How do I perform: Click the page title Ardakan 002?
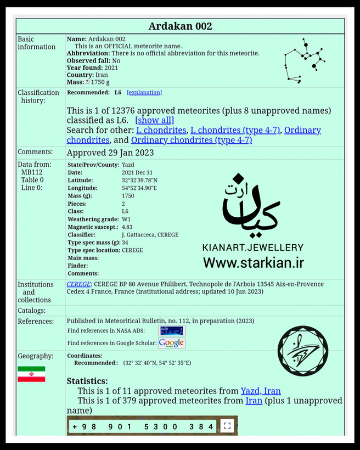point(180,26)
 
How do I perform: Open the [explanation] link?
point(144,93)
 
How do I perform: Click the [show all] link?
point(154,120)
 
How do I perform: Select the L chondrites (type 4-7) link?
point(235,130)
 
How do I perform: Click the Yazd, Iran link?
point(261,391)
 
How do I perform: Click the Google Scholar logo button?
point(172,343)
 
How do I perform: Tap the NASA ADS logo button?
point(172,330)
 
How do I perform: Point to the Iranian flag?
point(31,374)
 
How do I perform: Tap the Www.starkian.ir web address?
point(253,263)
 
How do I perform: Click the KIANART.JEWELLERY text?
point(252,248)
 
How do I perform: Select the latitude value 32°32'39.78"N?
point(139,180)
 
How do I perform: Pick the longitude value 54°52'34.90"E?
point(139,188)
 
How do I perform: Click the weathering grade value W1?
point(126,220)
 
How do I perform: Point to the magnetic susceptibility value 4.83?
point(127,227)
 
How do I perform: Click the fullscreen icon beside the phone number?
point(227,426)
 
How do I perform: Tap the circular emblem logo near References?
point(302,351)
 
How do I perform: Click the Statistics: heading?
point(87,381)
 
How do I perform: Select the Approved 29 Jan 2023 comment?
point(110,153)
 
